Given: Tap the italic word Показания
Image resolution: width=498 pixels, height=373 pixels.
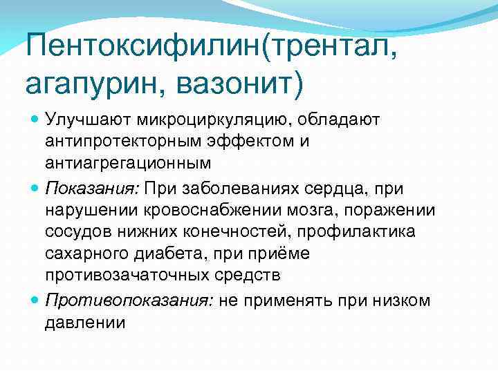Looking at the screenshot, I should (x=92, y=188).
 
